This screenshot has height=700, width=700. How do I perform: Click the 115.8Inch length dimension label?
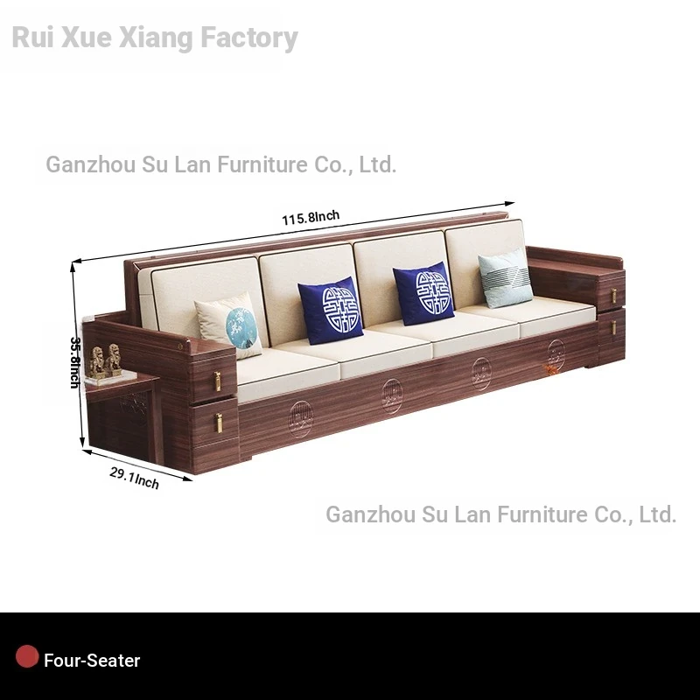tap(310, 217)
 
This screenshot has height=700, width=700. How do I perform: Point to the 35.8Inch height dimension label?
tap(76, 361)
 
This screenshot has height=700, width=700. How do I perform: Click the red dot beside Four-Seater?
tap(27, 657)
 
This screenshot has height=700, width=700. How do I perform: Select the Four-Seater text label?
tap(92, 661)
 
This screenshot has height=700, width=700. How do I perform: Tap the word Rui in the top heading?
tap(31, 38)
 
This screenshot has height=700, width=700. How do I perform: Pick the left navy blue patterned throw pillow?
tap(331, 310)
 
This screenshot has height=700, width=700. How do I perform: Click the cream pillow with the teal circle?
tap(230, 325)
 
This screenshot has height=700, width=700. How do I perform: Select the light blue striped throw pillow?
tap(507, 278)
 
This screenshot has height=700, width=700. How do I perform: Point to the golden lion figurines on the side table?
tap(105, 360)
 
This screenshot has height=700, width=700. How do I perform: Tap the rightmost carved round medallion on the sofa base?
tap(556, 354)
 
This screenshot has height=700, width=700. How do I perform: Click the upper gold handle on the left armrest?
tap(217, 381)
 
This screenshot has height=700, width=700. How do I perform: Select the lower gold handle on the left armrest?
tap(218, 422)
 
